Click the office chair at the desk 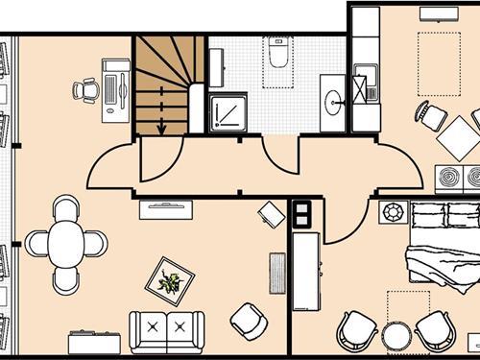coord(85,90)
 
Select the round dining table coord(65,243)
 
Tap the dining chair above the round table coord(65,207)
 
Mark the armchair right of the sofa coord(250,322)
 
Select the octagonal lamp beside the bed coord(392,211)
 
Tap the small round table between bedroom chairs coord(396,336)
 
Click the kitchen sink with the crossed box coord(364,87)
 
